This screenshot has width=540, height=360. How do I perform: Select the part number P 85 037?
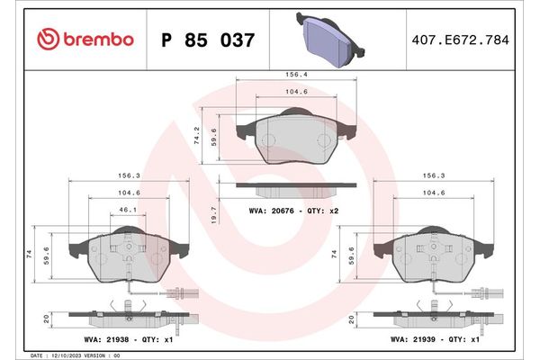206,40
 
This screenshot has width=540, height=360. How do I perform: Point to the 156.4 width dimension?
292,76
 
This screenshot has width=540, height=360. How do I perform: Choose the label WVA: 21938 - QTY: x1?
130,341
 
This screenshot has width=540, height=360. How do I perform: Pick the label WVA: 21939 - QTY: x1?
433,341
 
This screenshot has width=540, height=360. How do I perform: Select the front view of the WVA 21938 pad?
130,256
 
